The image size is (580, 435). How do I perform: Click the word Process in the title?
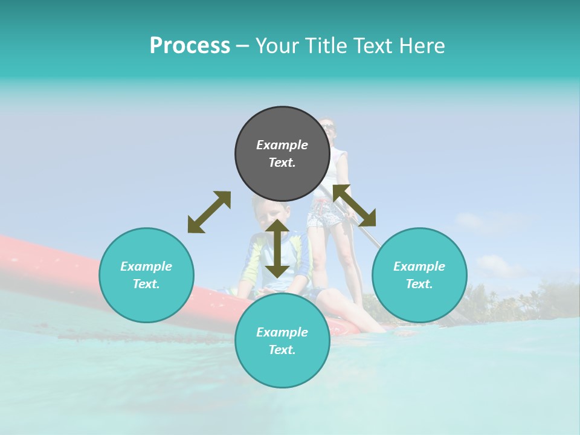tap(190, 46)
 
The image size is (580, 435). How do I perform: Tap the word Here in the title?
tap(421, 46)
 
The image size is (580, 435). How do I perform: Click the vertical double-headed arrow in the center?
tap(277, 248)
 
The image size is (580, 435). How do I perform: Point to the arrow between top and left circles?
tap(209, 212)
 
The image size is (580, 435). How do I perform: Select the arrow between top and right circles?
tap(354, 205)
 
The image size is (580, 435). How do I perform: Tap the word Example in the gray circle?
tap(282, 145)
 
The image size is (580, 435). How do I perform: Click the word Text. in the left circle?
tap(146, 284)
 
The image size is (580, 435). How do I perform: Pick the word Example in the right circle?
tap(419, 266)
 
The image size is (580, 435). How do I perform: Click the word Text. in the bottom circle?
tap(282, 350)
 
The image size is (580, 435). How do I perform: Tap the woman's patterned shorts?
tap(325, 214)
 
